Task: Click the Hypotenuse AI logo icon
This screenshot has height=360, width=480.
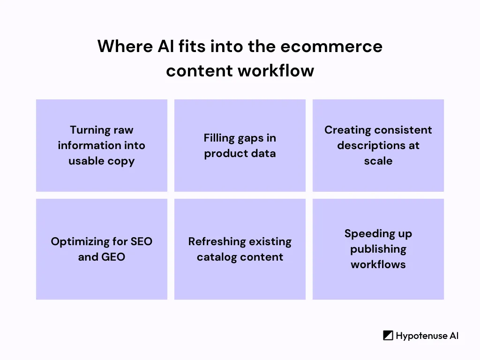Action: tap(388, 336)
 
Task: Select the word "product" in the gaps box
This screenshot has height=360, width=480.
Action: tap(223, 153)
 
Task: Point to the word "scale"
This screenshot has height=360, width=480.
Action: tap(378, 161)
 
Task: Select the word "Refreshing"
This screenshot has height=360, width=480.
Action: tap(213, 241)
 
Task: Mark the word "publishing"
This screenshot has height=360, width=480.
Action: tap(378, 249)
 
